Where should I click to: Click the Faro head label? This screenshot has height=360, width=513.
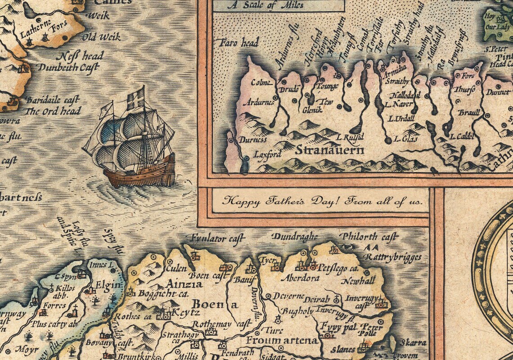coord(238,43)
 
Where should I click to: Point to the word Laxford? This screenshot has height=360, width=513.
coord(267,154)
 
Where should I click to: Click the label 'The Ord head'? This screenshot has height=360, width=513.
coord(53,111)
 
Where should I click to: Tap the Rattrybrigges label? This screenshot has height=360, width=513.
coord(393,257)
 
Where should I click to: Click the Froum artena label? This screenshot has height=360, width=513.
coord(282,340)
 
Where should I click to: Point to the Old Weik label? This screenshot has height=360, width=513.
coord(104,37)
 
